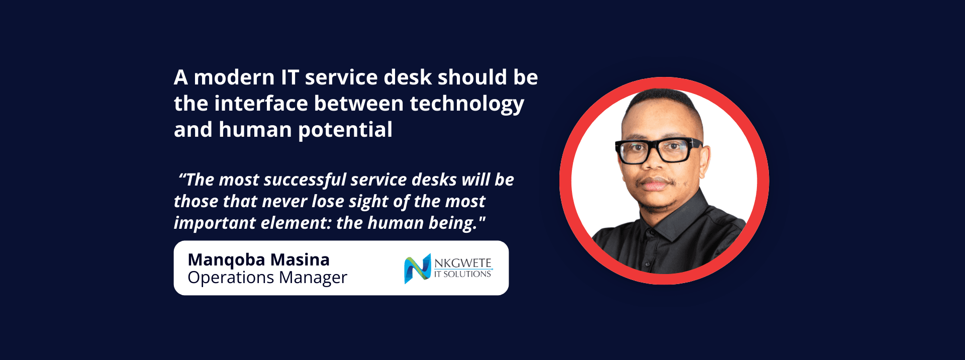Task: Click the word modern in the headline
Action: (x=234, y=77)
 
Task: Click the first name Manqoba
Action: (x=226, y=260)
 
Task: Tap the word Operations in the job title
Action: (x=231, y=278)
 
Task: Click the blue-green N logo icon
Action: (x=418, y=268)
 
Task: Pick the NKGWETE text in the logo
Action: (x=463, y=263)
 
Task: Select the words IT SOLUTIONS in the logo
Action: (x=463, y=274)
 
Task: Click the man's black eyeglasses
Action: (x=658, y=150)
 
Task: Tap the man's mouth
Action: (x=654, y=185)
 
